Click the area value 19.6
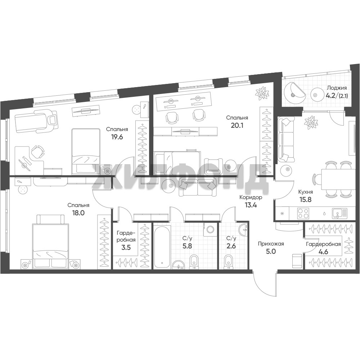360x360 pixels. (x=117, y=137)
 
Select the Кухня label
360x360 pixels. (x=305, y=192)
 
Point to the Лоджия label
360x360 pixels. (x=337, y=88)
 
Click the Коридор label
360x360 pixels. (x=251, y=197)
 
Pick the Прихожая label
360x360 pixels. (x=271, y=244)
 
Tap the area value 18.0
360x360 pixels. (x=78, y=213)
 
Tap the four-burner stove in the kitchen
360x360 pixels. (x=303, y=213)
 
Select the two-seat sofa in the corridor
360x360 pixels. (x=197, y=186)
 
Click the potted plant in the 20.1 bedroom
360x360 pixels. (x=262, y=93)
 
